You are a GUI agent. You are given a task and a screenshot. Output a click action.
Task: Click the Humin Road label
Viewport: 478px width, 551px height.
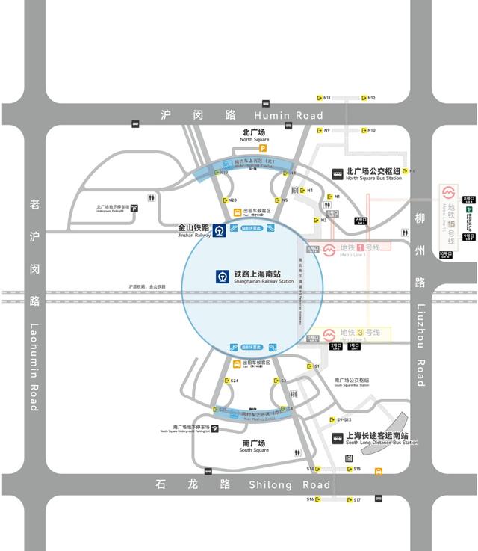pos(288,115)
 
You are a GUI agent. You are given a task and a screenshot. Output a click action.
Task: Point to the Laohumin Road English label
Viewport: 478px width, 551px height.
pos(34,366)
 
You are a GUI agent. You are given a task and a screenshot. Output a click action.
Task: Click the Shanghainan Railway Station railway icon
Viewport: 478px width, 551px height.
pos(223,277)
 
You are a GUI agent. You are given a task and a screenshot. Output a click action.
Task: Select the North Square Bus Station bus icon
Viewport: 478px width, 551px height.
pos(338,173)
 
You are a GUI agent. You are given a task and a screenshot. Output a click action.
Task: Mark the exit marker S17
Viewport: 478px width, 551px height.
pos(354,499)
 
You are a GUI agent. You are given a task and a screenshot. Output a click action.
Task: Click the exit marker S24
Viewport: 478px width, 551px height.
pos(231,381)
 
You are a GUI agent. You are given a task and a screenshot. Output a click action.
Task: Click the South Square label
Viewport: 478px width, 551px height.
pos(254,446)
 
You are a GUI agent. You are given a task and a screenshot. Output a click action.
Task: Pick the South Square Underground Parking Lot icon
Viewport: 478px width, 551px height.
pos(215,429)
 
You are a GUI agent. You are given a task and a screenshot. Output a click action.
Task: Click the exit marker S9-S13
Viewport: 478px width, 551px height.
pos(340,420)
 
